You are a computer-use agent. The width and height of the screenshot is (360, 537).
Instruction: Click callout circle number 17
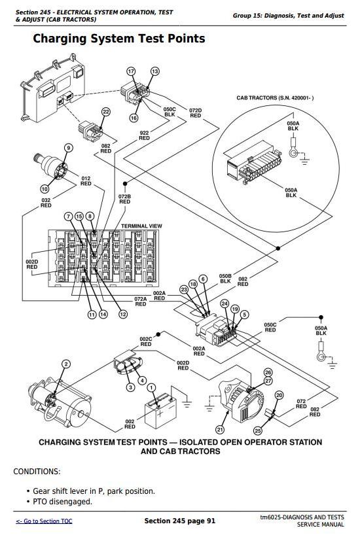[132, 71]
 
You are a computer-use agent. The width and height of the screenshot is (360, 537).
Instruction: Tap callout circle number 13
[155, 71]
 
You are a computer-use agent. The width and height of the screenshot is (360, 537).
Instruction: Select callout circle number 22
[106, 112]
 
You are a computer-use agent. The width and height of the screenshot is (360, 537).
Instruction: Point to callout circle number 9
[69, 148]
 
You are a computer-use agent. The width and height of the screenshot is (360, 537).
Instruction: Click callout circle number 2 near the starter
[66, 364]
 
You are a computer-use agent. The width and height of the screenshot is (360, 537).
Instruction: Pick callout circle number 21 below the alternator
[220, 430]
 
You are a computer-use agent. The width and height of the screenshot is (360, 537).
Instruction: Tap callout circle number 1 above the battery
[151, 388]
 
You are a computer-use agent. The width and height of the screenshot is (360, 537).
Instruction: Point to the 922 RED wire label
[145, 135]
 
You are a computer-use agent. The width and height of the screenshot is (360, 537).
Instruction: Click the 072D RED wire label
[196, 113]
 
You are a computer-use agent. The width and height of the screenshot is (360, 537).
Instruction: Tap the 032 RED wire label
[46, 203]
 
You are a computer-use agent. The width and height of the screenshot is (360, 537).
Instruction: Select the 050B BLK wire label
[225, 279]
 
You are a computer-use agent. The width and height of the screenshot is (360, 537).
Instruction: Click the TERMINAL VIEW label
[141, 226]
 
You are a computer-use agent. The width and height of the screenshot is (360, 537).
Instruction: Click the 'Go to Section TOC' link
[45, 521]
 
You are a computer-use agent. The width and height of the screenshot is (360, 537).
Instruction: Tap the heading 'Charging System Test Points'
[119, 39]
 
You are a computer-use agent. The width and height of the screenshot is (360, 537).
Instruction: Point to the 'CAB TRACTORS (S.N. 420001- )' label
[275, 98]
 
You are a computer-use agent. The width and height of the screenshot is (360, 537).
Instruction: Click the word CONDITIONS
[37, 472]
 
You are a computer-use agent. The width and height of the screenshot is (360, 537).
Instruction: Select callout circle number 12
[123, 314]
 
